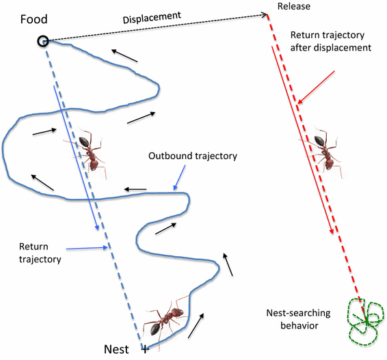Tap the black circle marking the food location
43,41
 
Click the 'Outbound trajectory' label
193,156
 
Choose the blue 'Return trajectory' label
41,253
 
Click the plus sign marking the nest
144,348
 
